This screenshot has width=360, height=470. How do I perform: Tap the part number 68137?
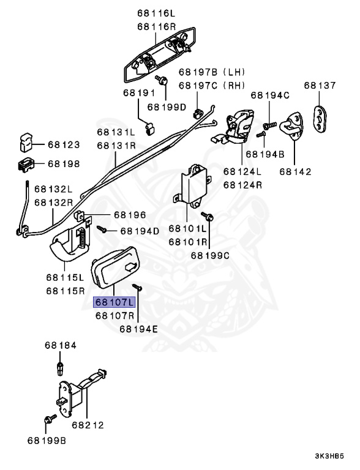point(319,85)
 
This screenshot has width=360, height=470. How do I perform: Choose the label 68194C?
point(269,95)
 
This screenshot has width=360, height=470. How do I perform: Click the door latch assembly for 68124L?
point(239,124)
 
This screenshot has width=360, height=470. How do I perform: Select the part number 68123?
point(64,145)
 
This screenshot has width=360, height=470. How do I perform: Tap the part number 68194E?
point(138,329)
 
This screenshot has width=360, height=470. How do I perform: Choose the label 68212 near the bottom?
point(88,424)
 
